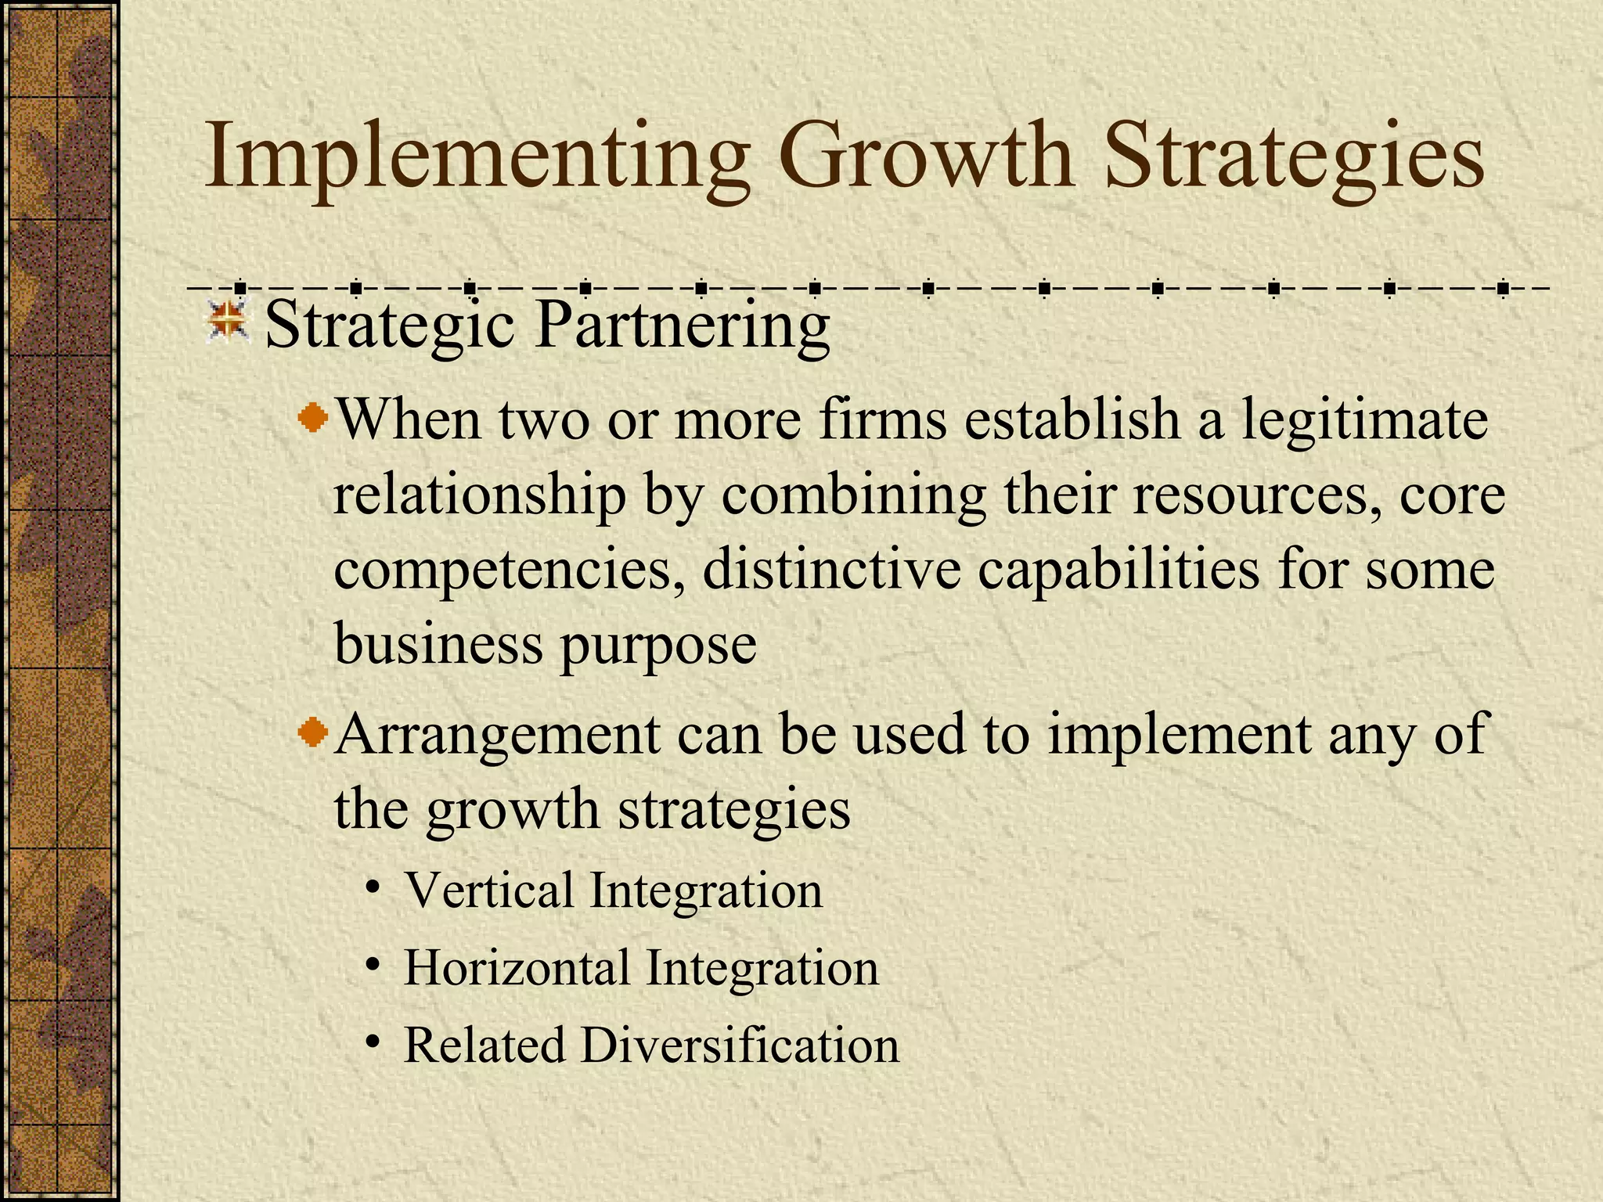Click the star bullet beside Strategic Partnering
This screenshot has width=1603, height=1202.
point(228,321)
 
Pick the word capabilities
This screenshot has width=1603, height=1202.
point(1118,571)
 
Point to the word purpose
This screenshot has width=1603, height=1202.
point(657,646)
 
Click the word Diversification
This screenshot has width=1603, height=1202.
point(740,1045)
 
